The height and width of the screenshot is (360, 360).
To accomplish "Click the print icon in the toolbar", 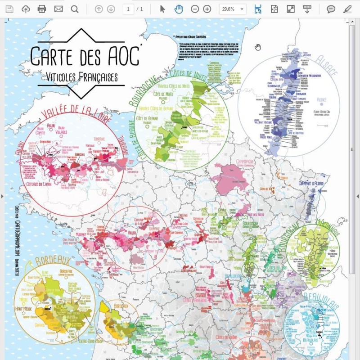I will pos(42,9).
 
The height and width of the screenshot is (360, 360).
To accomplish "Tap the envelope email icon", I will pos(58,9).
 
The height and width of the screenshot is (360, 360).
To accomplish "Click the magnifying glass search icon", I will pos(75,9).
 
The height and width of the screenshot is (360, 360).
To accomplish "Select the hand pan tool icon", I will pos(179,9).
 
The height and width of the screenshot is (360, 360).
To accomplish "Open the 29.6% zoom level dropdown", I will pos(233,9).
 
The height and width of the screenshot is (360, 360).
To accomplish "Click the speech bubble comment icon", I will pos(331,9).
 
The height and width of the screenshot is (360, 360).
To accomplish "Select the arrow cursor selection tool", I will pos(163,9).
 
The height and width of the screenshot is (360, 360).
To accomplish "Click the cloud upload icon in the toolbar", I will pos(26,9).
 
